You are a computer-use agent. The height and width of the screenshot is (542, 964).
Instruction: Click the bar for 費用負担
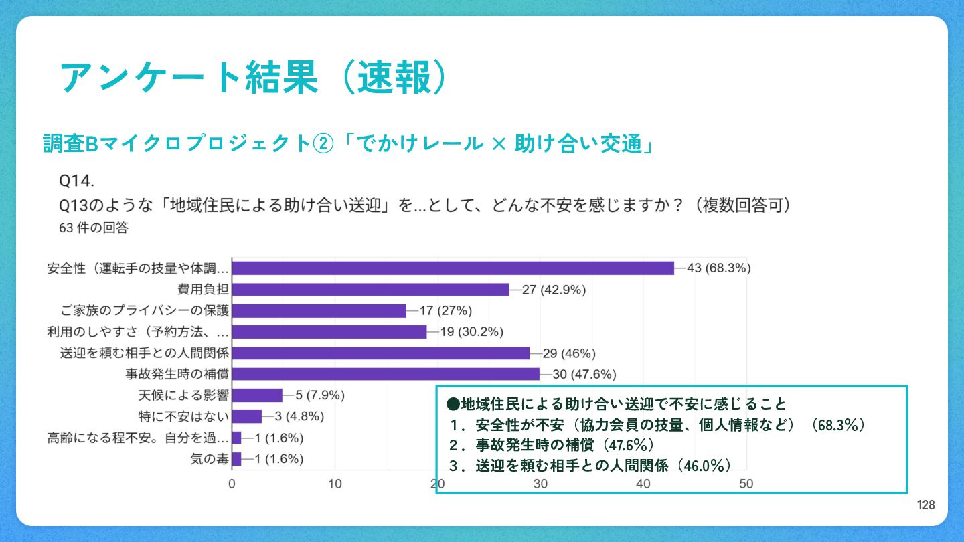click(x=370, y=290)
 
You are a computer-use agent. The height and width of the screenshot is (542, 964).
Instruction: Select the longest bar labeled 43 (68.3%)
click(x=453, y=268)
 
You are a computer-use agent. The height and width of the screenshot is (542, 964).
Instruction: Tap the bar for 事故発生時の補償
click(x=386, y=374)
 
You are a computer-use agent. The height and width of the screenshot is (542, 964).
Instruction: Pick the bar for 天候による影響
click(x=257, y=395)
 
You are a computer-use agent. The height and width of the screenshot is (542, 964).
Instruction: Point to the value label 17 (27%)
click(x=447, y=311)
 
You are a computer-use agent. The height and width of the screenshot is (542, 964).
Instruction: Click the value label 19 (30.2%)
click(x=471, y=332)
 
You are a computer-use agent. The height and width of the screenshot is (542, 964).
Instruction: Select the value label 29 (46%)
click(x=569, y=353)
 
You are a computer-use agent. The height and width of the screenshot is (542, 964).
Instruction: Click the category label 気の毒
click(x=210, y=459)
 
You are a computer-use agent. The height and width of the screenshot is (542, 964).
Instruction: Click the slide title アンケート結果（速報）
click(x=252, y=78)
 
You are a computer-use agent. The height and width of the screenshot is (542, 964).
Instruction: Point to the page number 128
click(x=926, y=505)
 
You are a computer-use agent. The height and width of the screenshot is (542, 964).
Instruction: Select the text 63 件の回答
click(x=94, y=228)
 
